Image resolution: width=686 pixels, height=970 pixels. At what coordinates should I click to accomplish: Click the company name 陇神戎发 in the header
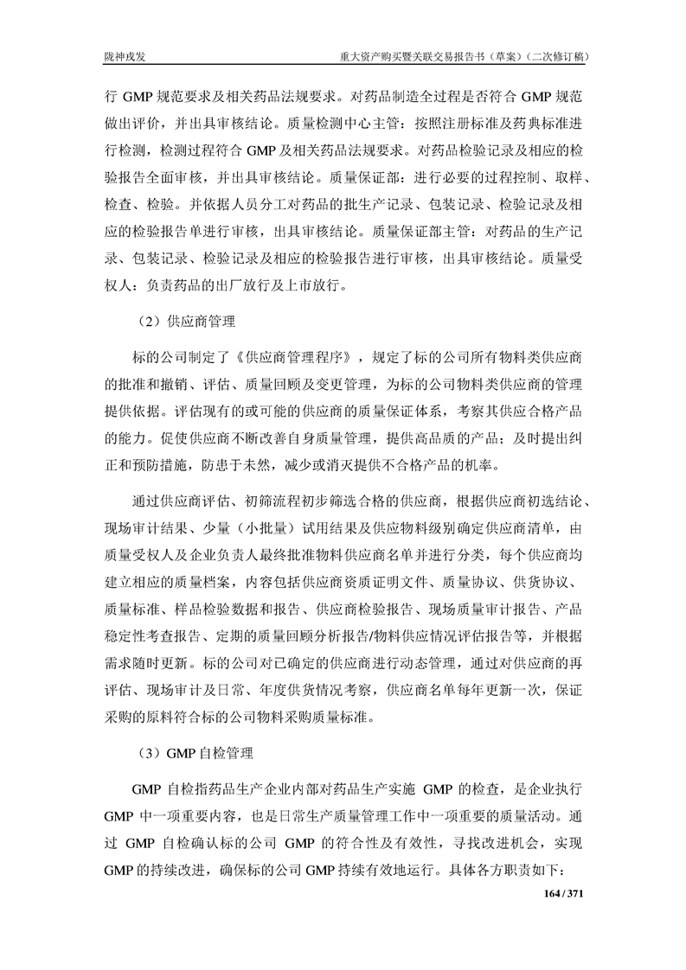(125, 57)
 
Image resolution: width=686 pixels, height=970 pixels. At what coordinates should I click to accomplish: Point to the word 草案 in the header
(494, 57)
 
